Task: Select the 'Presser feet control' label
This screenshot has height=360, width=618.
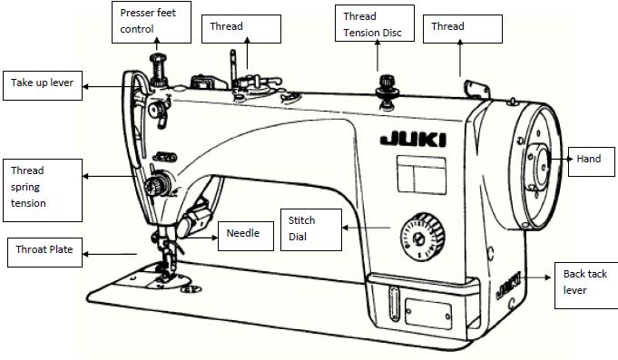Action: pos(154,22)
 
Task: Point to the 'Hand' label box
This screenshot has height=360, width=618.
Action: pos(589,160)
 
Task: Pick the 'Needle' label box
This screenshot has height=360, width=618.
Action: pos(243,234)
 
